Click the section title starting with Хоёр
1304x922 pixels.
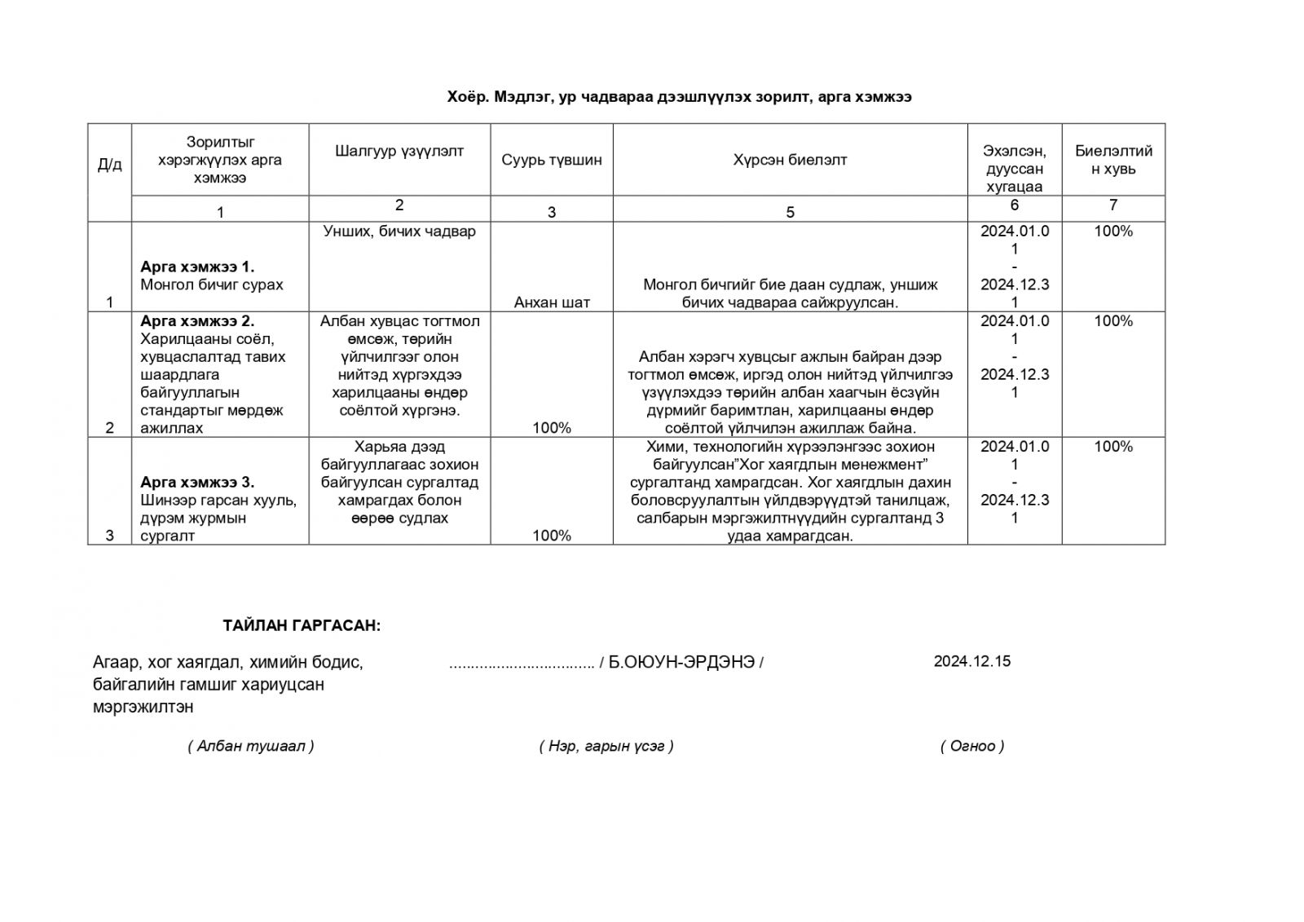pyautogui.click(x=679, y=97)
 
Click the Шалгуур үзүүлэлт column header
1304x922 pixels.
pyautogui.click(x=399, y=151)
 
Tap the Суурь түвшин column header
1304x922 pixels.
pyautogui.click(x=552, y=160)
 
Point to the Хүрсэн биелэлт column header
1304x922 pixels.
pyautogui.click(x=790, y=160)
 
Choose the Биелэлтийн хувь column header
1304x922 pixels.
pyautogui.click(x=1113, y=160)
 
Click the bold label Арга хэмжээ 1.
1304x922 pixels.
pyautogui.click(x=197, y=267)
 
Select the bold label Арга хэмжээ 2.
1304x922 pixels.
pyautogui.click(x=197, y=320)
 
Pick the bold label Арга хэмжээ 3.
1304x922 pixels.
pyautogui.click(x=197, y=482)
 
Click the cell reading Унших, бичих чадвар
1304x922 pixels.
pyautogui.click(x=399, y=232)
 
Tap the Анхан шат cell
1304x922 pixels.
pyautogui.click(x=552, y=302)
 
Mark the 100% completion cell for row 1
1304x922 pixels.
pyautogui.click(x=1113, y=232)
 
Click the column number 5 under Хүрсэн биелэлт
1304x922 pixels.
pyautogui.click(x=790, y=213)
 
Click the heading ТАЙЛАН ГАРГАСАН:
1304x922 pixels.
pyautogui.click(x=302, y=626)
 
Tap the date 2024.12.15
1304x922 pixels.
pyautogui.click(x=972, y=661)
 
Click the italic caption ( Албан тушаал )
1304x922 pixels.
pyautogui.click(x=251, y=746)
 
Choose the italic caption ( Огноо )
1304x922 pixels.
pyautogui.click(x=972, y=746)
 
